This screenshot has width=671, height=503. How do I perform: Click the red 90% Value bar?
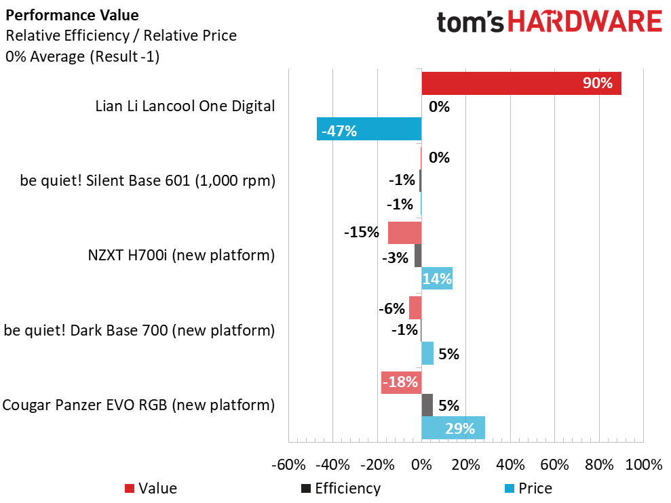coord(521,83)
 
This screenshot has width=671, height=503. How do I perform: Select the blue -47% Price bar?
coord(369,129)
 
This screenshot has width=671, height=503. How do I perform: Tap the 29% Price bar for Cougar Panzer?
coord(453,428)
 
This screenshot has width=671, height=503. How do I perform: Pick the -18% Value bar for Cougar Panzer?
coord(401,383)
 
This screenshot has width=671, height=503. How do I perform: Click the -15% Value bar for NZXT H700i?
coord(404,233)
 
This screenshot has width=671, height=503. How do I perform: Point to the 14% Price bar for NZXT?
coord(437,278)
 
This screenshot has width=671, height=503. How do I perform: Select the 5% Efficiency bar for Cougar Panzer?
coord(427,405)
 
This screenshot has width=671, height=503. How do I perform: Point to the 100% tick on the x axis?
coord(643,465)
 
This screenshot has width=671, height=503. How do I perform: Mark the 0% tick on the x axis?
coord(421,465)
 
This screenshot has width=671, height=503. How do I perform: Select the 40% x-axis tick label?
coord(510,465)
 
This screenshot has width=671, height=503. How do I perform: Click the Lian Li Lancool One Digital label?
coord(185,106)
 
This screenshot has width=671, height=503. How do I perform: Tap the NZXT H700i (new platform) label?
coord(181,256)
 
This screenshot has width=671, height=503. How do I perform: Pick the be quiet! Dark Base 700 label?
coord(139,331)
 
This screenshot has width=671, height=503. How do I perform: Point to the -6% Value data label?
coord(391,308)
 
